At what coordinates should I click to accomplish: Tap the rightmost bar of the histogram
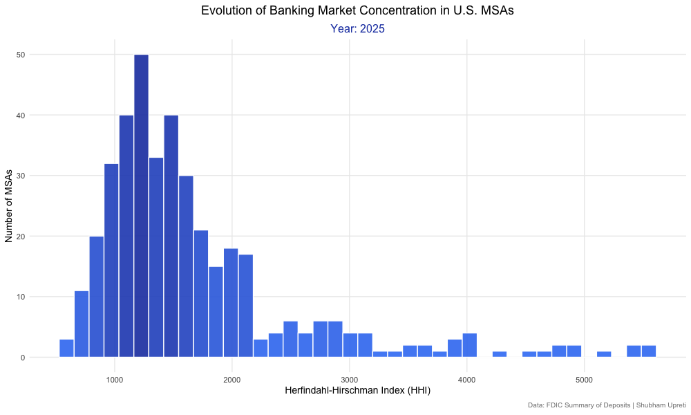(x=648, y=351)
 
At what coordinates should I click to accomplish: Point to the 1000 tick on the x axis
(x=115, y=379)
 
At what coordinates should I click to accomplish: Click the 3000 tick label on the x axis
(x=350, y=379)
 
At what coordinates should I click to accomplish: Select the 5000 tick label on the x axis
(x=585, y=379)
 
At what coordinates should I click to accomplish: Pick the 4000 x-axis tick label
(x=467, y=379)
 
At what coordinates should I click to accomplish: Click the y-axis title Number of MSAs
(x=9, y=205)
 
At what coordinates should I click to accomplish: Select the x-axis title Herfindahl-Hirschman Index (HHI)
(x=358, y=391)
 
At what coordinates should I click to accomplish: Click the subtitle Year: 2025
(x=357, y=29)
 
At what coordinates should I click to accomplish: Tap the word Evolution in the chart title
(x=227, y=10)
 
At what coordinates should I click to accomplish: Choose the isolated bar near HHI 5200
(x=604, y=354)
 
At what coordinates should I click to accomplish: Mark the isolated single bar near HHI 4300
(x=500, y=354)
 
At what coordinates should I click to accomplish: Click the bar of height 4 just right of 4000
(x=470, y=345)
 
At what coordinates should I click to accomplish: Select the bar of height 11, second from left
(x=82, y=324)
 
